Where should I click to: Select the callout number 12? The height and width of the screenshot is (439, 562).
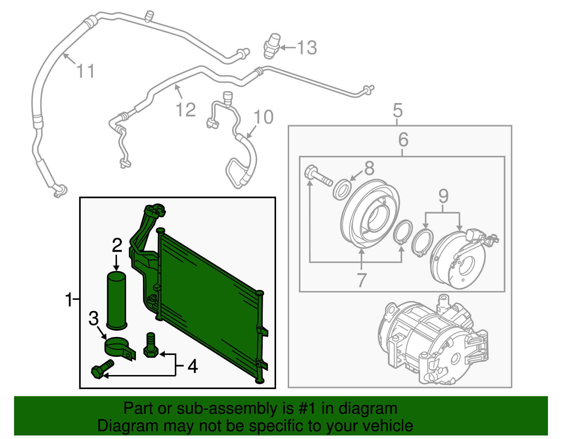(x=185, y=110)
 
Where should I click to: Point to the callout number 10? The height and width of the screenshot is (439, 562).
(x=263, y=117)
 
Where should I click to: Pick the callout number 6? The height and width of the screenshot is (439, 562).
(x=403, y=140)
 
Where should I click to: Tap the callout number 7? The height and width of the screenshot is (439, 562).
(x=361, y=280)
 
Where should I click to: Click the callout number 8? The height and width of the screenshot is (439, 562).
(x=369, y=168)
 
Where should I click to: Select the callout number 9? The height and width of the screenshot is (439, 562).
(x=443, y=196)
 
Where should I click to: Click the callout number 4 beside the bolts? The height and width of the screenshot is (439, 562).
(x=192, y=366)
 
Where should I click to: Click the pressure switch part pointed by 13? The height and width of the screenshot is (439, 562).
(x=272, y=46)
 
